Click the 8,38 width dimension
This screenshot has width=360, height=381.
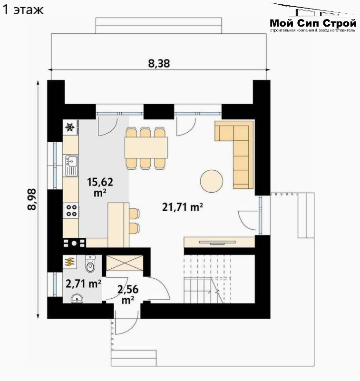(159, 63)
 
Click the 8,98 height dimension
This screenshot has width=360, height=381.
(32, 199)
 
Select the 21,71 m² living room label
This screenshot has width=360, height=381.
(183, 207)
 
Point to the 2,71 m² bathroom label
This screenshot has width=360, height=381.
(83, 283)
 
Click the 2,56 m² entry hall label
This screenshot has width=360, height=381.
(128, 294)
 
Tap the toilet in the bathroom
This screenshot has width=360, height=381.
(90, 264)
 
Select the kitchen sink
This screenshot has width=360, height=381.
(71, 166)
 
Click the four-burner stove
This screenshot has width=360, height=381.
(71, 211)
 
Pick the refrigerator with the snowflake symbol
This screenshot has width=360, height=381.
(70, 127)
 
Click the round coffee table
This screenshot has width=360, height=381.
(211, 181)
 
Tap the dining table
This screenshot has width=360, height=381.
(146, 147)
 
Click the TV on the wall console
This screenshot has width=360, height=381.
(217, 243)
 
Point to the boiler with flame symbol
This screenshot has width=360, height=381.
(70, 262)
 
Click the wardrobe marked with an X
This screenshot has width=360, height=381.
(125, 263)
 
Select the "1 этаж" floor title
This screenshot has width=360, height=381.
(23, 10)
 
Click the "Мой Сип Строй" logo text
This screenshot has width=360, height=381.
(313, 23)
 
